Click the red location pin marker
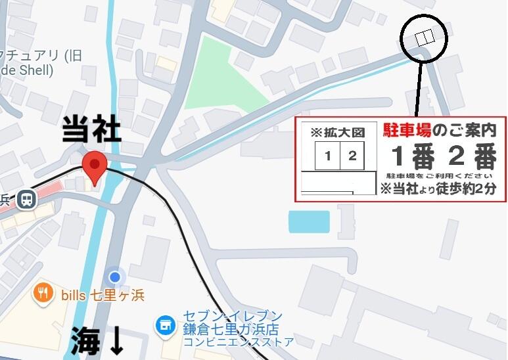tap(95, 167)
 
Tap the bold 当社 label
tap(91, 130)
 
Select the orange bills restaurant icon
tap(43, 293)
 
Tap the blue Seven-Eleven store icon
tap(164, 325)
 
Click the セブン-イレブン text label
tap(233, 317)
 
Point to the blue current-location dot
tap(116, 277)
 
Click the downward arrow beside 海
tap(116, 340)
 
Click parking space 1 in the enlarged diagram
tap(327, 156)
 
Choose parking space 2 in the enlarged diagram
tap(352, 156)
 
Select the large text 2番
tap(472, 156)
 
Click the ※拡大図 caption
tap(338, 132)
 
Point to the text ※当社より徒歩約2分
tap(438, 189)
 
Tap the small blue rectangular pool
tap(309, 222)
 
